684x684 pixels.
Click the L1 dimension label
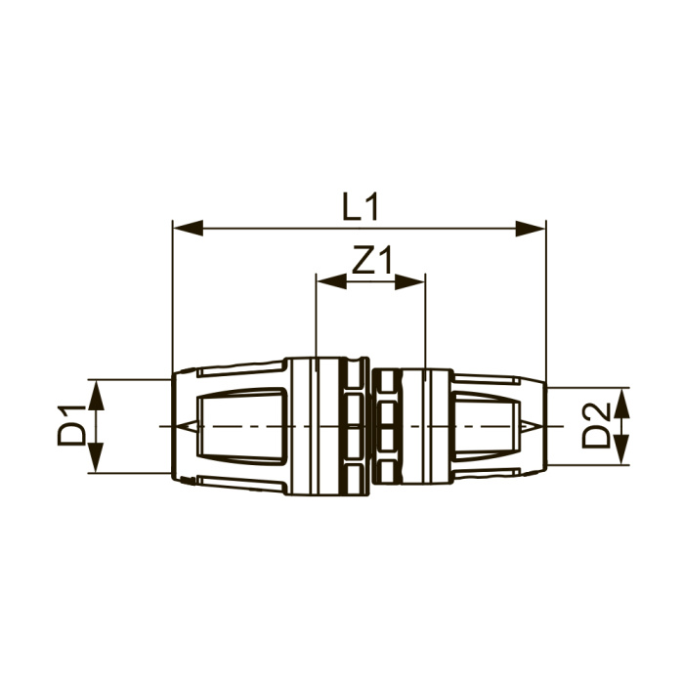tap(361, 207)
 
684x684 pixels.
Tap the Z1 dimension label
tap(372, 260)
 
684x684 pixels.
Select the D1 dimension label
tap(71, 425)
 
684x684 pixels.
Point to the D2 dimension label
tap(595, 425)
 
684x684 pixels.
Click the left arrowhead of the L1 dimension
tap(189, 228)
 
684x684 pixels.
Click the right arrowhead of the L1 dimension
tap(531, 228)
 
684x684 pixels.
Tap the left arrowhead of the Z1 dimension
tap(331, 281)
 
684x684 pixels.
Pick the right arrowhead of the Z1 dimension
tap(409, 281)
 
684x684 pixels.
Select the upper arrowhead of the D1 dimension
tap(97, 395)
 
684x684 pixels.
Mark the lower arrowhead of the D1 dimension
tap(97, 457)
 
